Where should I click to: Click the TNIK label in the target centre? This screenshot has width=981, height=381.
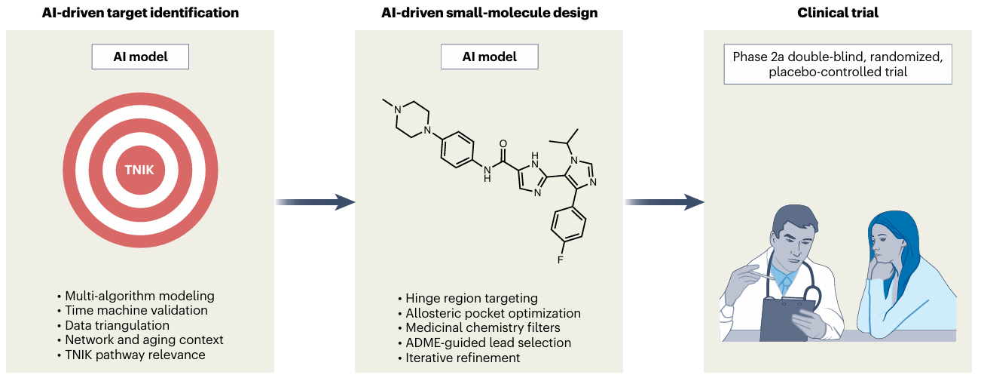click(139, 170)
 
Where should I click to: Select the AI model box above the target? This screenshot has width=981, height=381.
click(140, 57)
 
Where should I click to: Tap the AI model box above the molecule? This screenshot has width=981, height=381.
click(489, 57)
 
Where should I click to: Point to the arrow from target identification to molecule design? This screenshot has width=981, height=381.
click(314, 201)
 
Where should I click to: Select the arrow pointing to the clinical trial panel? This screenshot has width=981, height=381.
click(663, 201)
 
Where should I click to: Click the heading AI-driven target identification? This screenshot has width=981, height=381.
click(140, 14)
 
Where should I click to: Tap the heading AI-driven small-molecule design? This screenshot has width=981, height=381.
click(489, 14)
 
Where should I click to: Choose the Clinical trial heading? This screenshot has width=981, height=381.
click(838, 14)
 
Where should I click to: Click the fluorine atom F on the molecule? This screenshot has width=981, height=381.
click(561, 260)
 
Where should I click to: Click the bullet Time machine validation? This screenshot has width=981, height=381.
click(136, 310)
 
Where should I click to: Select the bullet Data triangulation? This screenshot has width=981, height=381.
click(117, 325)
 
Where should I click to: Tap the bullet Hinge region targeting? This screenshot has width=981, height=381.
click(471, 298)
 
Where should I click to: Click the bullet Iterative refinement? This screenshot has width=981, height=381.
click(463, 358)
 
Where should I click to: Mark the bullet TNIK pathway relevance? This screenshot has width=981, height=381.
click(135, 355)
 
